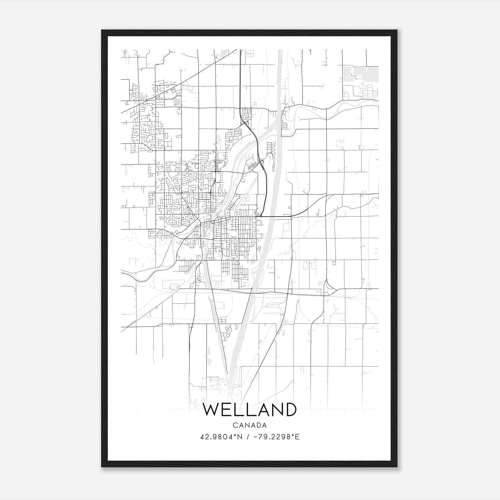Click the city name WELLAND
(x=250, y=409)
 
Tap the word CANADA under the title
(x=250, y=425)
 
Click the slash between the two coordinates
(x=247, y=437)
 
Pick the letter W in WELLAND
(x=211, y=409)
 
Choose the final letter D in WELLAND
(x=290, y=409)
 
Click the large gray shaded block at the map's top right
(x=372, y=74)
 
